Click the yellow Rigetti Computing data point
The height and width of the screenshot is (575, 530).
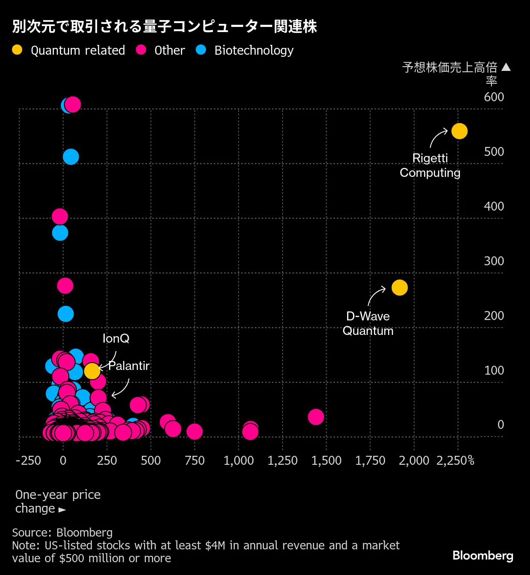459,131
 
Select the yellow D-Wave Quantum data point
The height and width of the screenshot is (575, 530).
399,287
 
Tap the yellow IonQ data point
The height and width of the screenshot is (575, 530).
92,371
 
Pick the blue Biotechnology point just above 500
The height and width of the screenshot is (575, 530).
71,157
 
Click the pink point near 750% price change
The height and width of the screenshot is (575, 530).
194,431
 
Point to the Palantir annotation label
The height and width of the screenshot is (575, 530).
129,366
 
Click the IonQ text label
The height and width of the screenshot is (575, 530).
116,338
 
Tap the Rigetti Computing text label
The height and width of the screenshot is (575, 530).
430,165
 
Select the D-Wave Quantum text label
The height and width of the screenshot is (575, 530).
368,323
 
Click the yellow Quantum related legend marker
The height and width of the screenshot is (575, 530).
17,50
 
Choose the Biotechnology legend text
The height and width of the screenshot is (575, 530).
254,50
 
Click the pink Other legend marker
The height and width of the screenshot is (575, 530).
141,50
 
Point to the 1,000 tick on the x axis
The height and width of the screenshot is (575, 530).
238,461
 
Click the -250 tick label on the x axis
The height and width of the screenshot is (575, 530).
28,461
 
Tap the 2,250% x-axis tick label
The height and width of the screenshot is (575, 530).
455,461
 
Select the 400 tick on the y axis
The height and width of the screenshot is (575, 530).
494,206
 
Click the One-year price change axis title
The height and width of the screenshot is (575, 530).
58,502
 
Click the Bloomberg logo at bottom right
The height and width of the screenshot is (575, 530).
483,555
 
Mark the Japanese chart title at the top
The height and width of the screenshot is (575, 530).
165,26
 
